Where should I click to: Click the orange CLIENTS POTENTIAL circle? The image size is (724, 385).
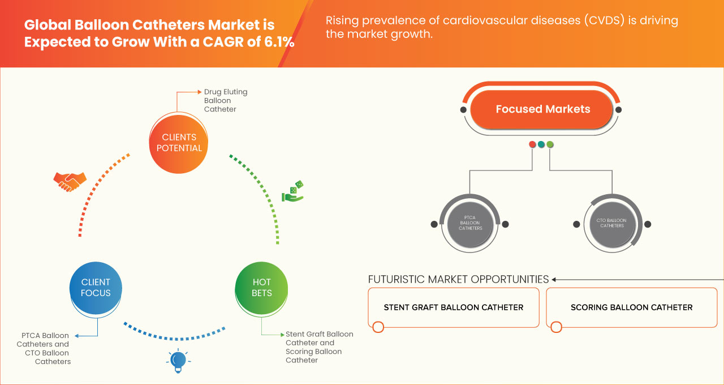[x=179, y=143]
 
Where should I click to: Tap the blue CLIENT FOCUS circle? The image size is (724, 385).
[x=96, y=288]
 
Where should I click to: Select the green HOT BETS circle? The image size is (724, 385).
[x=262, y=288]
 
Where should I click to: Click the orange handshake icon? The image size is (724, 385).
[x=70, y=181]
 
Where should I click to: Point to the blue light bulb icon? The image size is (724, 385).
[x=178, y=361]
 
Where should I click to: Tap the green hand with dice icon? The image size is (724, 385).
[x=293, y=192]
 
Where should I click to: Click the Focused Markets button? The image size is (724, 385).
[x=542, y=109]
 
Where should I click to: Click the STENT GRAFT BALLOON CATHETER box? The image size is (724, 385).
[x=454, y=307]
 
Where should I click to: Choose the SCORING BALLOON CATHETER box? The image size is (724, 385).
[x=631, y=307]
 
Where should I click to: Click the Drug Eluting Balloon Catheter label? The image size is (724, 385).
[x=226, y=100]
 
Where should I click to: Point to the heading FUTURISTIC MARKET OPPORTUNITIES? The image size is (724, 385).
[x=458, y=279]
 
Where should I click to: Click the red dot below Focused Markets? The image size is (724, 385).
[x=532, y=144]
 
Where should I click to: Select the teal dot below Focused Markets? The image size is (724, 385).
[x=541, y=144]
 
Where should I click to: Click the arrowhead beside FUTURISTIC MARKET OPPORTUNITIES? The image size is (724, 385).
[x=554, y=279]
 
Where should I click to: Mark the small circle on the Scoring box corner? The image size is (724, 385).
[x=556, y=327]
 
